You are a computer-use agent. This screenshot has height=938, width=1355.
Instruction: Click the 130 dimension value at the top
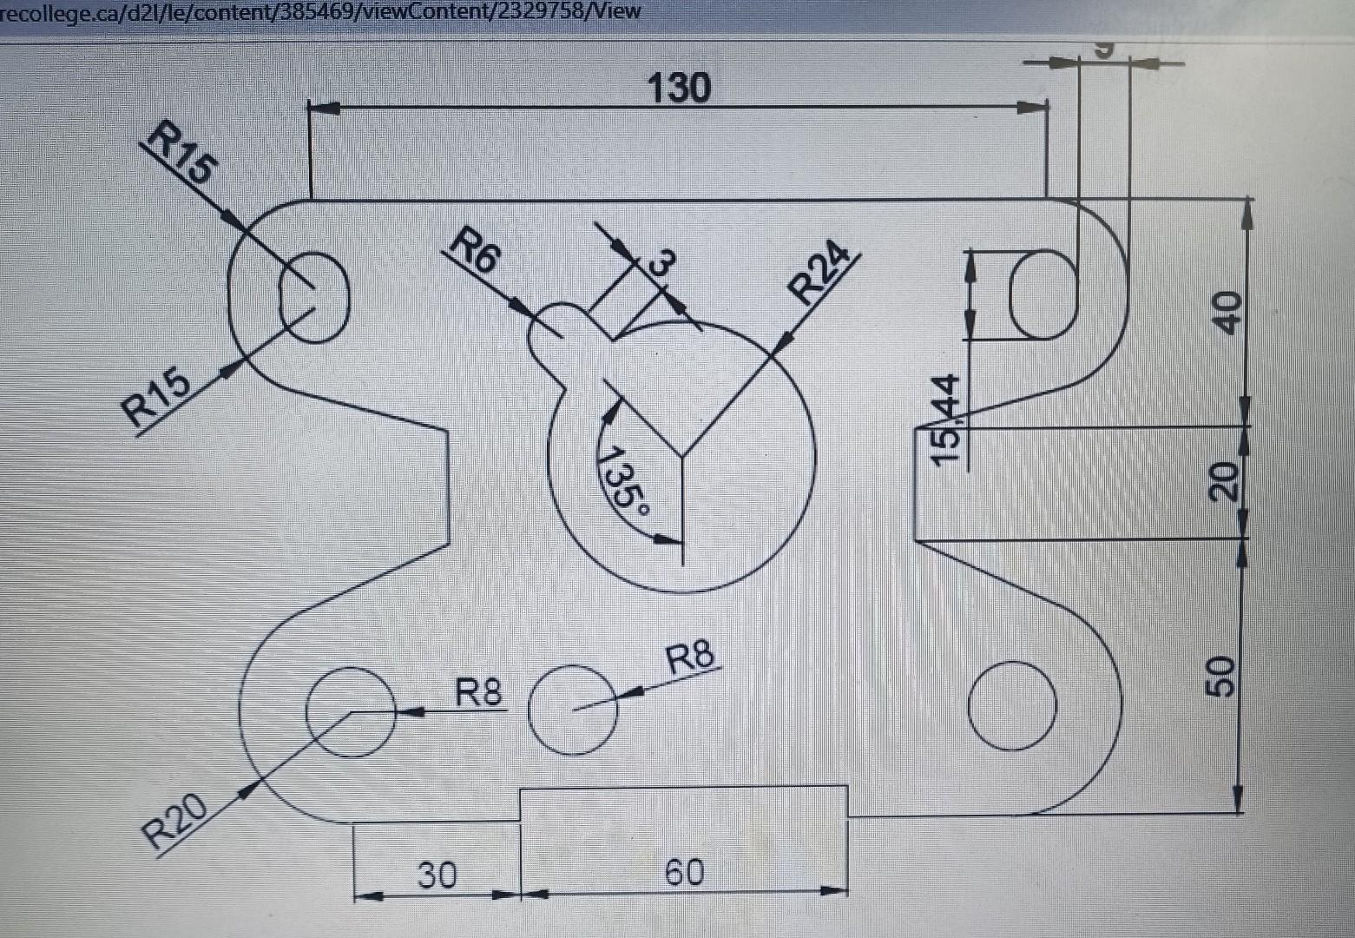pyautogui.click(x=679, y=88)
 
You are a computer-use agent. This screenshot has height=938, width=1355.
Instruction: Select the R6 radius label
pyautogui.click(x=476, y=248)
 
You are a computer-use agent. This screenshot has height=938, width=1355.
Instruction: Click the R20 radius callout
pyautogui.click(x=176, y=822)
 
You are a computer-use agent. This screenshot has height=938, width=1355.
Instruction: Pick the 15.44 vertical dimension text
pyautogui.click(x=946, y=419)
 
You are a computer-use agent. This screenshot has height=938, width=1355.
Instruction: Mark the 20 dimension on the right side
pyautogui.click(x=1224, y=481)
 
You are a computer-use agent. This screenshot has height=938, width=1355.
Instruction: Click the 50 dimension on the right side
pyautogui.click(x=1222, y=676)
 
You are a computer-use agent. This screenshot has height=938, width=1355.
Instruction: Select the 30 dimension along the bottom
pyautogui.click(x=437, y=875)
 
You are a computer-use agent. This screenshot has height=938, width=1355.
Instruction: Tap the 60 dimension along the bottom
pyautogui.click(x=684, y=872)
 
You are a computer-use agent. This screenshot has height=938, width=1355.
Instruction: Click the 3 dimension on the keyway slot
pyautogui.click(x=661, y=262)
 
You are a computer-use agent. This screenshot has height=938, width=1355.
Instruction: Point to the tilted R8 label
pyautogui.click(x=691, y=657)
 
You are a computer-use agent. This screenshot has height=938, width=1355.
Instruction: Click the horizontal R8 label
pyautogui.click(x=479, y=693)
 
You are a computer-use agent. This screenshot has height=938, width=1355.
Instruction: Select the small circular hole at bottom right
pyautogui.click(x=1012, y=704)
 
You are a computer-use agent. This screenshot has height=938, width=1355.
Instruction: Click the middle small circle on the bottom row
pyautogui.click(x=573, y=710)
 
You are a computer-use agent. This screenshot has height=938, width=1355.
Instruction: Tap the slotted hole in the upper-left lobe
pyautogui.click(x=314, y=297)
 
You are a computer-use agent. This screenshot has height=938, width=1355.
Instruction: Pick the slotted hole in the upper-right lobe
pyautogui.click(x=1044, y=294)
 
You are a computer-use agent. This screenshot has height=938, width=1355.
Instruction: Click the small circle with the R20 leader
pyautogui.click(x=352, y=711)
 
